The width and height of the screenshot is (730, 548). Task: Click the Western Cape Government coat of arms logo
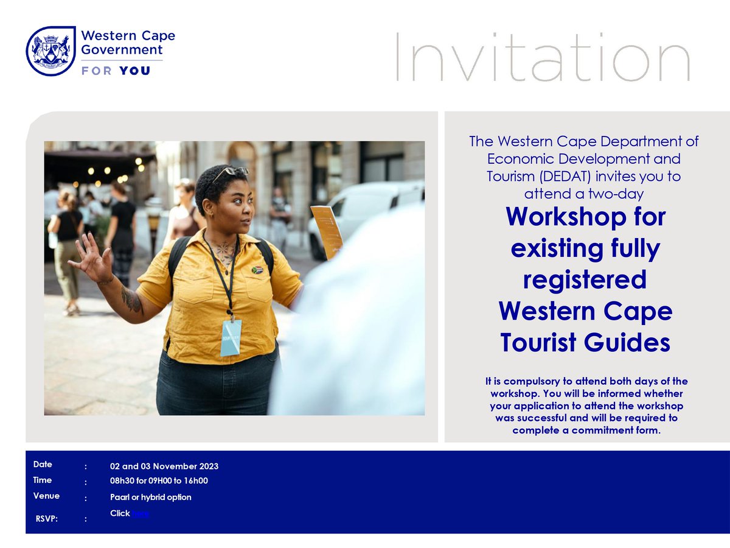50,51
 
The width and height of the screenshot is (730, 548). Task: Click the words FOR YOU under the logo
116,71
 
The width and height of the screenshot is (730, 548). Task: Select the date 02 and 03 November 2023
164,466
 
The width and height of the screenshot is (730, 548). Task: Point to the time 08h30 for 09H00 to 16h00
159,481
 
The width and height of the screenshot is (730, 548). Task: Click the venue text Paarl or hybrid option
150,497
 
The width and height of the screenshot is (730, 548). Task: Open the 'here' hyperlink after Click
140,514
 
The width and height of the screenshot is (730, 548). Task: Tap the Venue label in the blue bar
46,496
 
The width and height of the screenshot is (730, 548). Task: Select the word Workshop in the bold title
585,217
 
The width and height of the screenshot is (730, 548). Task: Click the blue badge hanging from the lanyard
231,337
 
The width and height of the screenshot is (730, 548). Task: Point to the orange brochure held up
327,231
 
